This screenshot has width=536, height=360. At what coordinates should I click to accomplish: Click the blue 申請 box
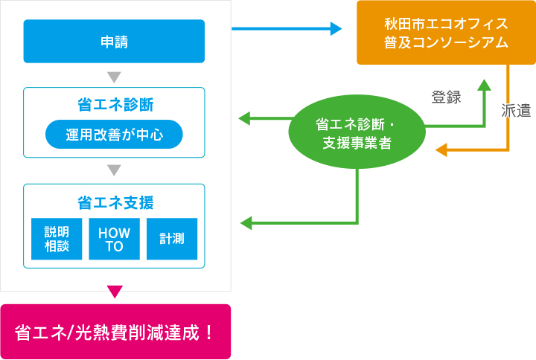click(x=114, y=42)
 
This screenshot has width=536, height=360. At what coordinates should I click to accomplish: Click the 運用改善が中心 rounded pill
click(x=114, y=135)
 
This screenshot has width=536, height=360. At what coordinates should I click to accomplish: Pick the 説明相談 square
click(x=56, y=239)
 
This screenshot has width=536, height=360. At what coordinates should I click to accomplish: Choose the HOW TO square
click(x=114, y=239)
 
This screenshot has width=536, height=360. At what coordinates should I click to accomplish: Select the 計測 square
click(x=172, y=239)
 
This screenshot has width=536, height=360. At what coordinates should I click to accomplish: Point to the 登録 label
click(x=446, y=97)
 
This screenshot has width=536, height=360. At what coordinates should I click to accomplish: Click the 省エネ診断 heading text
click(x=114, y=103)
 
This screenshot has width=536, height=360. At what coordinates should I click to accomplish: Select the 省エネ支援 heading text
click(x=114, y=202)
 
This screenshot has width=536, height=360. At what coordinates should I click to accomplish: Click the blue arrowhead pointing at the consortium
click(x=336, y=29)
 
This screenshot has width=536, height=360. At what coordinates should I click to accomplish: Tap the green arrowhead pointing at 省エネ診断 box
click(x=243, y=118)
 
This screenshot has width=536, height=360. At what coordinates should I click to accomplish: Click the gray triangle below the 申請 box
click(x=114, y=77)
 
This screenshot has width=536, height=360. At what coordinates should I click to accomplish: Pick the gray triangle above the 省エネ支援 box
click(x=114, y=170)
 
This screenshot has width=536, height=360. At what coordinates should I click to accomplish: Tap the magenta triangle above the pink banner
click(x=114, y=291)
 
